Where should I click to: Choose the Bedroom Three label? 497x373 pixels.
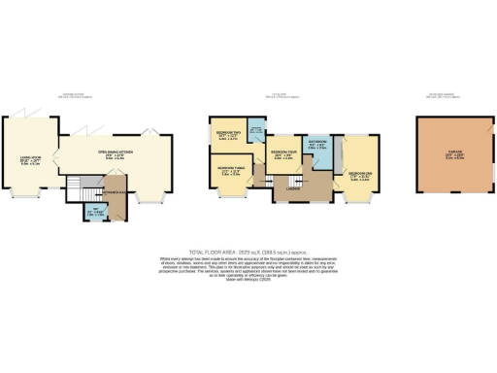click(x=229, y=170)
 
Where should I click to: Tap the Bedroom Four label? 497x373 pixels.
click(x=284, y=153)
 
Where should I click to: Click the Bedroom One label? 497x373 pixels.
click(x=359, y=174)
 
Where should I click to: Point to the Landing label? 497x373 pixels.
click(x=291, y=189)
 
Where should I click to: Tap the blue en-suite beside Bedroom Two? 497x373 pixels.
click(x=255, y=133)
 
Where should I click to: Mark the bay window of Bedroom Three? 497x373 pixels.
click(x=228, y=197)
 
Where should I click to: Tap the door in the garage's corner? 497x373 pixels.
click(x=482, y=129)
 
